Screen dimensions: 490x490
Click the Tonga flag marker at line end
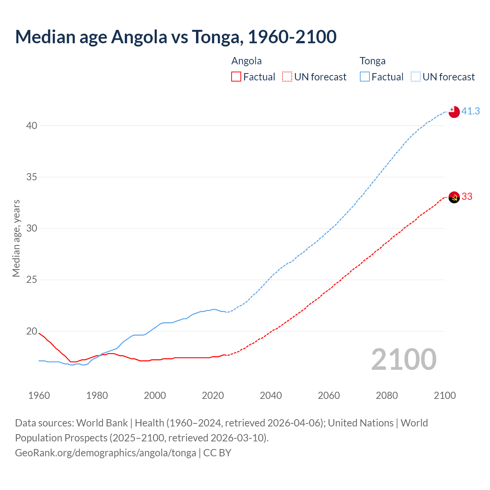[454, 112]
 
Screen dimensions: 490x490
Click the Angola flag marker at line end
[454, 197]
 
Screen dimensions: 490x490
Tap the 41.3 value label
[470, 111]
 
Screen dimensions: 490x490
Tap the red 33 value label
[467, 196]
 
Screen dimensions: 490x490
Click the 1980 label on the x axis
[97, 395]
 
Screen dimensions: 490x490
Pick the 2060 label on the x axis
[328, 395]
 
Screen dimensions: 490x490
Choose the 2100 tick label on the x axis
[444, 395]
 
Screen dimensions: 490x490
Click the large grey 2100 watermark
[403, 359]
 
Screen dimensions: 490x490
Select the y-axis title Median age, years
[16, 238]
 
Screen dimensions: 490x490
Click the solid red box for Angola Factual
[236, 77]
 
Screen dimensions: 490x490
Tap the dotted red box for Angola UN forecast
[287, 77]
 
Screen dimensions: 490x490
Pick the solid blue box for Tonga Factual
[365, 77]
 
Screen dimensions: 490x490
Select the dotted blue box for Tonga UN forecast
[416, 77]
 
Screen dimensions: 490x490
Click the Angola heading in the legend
[247, 61]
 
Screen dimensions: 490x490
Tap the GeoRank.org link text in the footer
[105, 452]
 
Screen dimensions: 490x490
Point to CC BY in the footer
[217, 452]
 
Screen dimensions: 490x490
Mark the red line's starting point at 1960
[39, 333]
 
